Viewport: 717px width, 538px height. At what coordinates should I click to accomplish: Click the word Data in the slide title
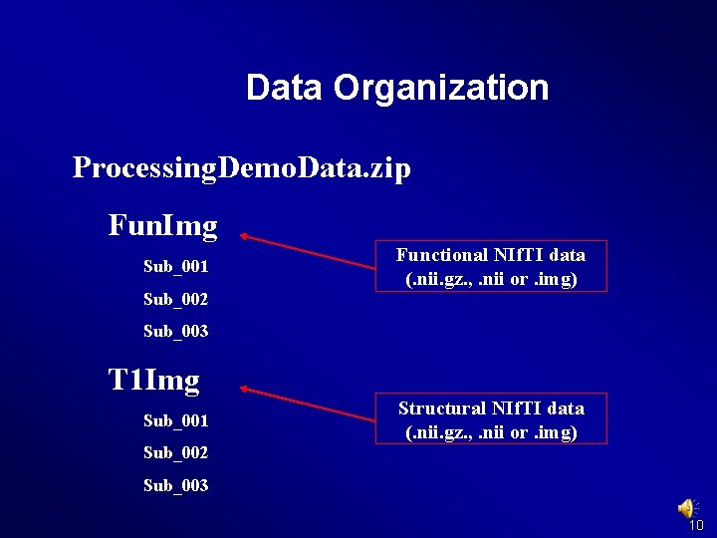tap(284, 88)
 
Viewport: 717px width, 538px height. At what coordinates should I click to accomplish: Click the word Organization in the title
tap(441, 88)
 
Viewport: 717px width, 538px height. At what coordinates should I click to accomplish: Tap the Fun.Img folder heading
tap(162, 226)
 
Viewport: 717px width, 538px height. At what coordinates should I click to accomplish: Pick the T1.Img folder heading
tap(153, 380)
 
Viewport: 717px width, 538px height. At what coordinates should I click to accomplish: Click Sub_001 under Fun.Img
tap(175, 267)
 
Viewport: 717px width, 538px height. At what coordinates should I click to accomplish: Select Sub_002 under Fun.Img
tap(175, 299)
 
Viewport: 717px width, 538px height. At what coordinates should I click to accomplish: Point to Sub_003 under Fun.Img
tap(175, 331)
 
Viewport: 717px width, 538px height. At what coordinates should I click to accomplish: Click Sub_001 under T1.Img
tap(175, 420)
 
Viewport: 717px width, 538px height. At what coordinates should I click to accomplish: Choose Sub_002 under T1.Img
tap(175, 452)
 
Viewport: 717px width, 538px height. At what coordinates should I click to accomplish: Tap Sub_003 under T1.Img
tap(175, 485)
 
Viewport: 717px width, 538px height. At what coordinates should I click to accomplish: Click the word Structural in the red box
tap(438, 408)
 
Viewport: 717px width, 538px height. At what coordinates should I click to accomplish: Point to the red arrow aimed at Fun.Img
tap(307, 252)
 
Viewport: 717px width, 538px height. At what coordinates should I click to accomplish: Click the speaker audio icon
tap(687, 508)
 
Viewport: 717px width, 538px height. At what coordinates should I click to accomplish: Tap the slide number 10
tap(696, 525)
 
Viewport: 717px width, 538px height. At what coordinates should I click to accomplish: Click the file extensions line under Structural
tap(491, 432)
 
